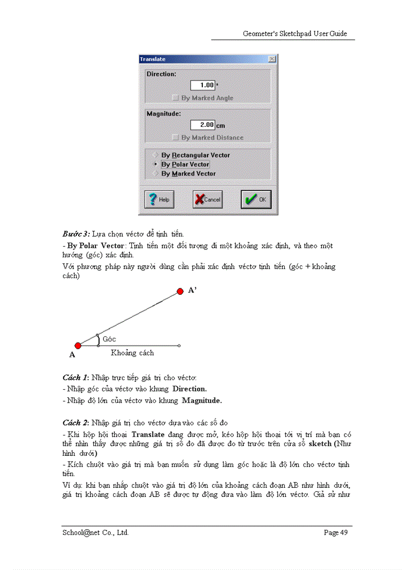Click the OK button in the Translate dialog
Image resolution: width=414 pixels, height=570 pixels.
coord(256,199)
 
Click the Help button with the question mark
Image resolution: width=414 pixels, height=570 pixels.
coord(159,199)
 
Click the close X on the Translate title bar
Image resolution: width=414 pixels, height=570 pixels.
coord(272,59)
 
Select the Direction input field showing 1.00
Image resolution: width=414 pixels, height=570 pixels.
coord(202,85)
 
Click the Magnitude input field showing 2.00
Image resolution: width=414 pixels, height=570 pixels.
coord(202,125)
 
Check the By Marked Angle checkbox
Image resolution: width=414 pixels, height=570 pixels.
coord(176,98)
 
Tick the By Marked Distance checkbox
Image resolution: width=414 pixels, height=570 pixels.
coord(176,138)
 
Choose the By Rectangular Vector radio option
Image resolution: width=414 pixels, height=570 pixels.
coord(155,155)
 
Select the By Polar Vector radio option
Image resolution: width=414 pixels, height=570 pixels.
coord(155,164)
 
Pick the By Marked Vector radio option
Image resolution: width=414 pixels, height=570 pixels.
coord(155,174)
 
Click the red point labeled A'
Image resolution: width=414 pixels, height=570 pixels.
coord(180,291)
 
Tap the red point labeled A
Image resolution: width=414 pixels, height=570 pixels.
coord(78,346)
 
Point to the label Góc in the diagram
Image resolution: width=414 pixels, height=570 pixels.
coord(109,339)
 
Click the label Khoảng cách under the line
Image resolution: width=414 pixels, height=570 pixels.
coord(132,353)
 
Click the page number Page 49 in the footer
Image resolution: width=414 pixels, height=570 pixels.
coord(336,532)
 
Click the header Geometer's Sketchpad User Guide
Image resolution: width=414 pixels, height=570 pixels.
coord(295,33)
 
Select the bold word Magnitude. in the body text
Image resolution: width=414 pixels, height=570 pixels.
coord(202,400)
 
